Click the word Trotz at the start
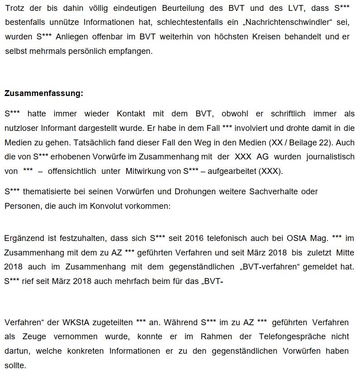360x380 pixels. [x=13, y=8]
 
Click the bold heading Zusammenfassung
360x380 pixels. [x=44, y=94]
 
